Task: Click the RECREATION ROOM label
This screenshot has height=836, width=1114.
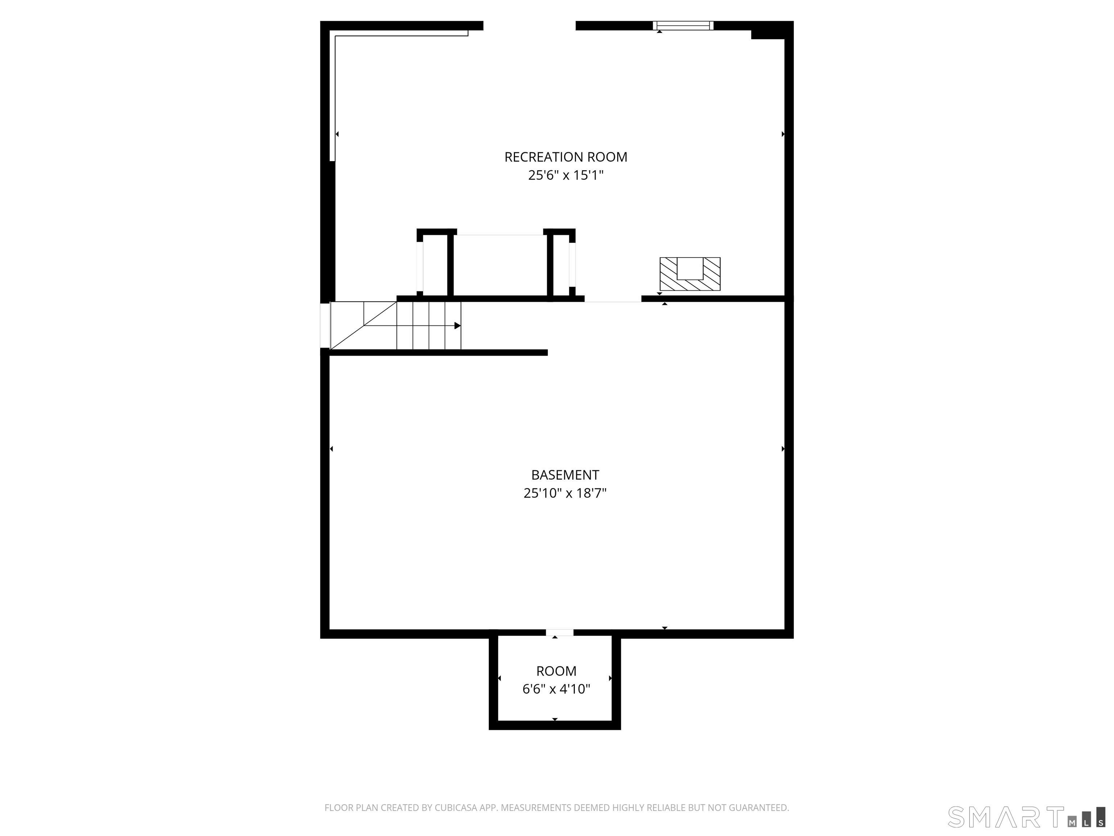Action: point(566,157)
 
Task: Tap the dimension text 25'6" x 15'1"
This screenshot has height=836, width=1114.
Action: point(566,175)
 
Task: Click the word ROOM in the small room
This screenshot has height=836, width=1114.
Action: point(556,671)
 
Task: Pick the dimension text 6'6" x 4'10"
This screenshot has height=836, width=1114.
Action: point(556,689)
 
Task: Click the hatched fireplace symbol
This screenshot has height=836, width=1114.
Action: point(690,275)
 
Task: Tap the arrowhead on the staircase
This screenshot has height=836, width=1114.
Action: point(457,325)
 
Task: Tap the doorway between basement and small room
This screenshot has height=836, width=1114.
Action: point(560,633)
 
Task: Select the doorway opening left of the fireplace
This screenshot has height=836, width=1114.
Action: point(612,299)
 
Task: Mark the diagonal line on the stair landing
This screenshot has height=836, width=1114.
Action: point(364,325)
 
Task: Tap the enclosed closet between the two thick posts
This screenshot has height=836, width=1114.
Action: point(499,266)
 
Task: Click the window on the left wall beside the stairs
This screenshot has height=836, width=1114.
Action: point(325,325)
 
